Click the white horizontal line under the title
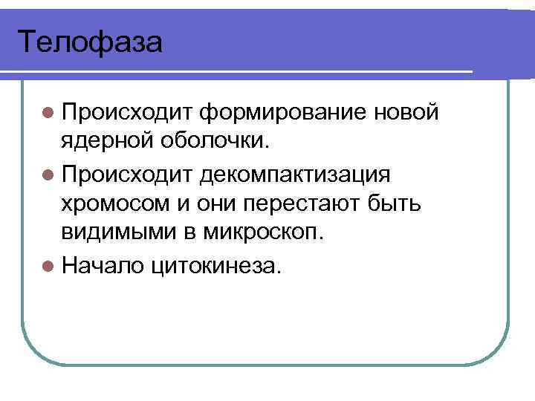pyautogui.click(x=238, y=72)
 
